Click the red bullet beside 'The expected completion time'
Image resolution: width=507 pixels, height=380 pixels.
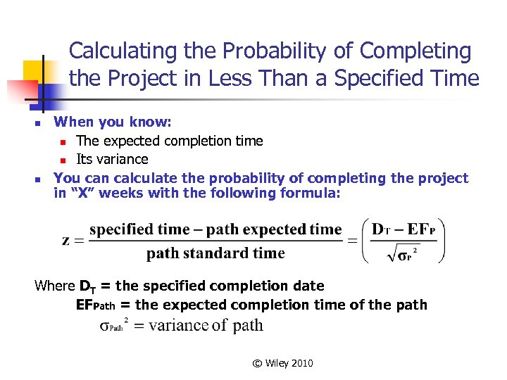click(63, 141)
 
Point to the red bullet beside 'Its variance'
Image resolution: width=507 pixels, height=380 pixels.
click(63, 160)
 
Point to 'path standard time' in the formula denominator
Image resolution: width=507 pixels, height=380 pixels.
click(215, 253)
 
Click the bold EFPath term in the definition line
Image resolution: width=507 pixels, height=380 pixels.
click(95, 305)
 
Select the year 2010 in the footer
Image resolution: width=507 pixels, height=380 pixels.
click(301, 363)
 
